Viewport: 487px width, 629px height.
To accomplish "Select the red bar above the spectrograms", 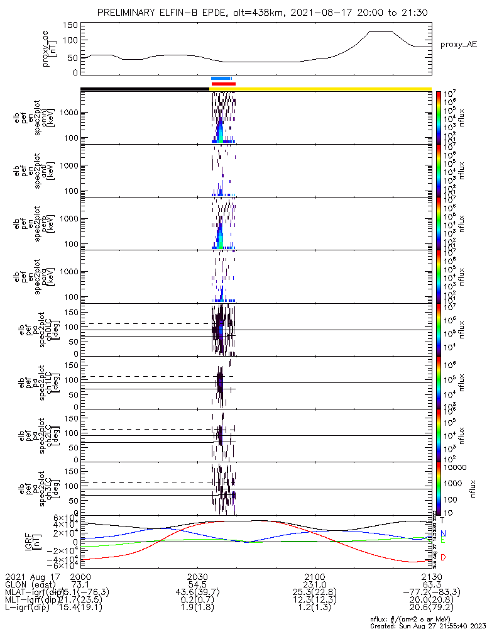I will coord(223,83).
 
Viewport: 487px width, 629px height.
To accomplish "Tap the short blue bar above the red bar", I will coord(222,78).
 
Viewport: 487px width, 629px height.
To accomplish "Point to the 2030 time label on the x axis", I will coord(197,577).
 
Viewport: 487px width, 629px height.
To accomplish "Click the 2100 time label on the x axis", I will coord(314,577).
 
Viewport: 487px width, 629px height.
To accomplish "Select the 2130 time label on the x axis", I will coord(431,577).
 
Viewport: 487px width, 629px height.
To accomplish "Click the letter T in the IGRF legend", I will coord(442,520).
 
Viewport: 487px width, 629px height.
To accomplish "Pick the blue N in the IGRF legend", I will coord(442,533).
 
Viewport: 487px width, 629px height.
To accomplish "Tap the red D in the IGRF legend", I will coord(442,557).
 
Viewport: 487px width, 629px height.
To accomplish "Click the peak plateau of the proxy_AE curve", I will coord(380,31).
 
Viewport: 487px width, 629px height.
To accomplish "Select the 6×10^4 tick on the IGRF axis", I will coord(64,518).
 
